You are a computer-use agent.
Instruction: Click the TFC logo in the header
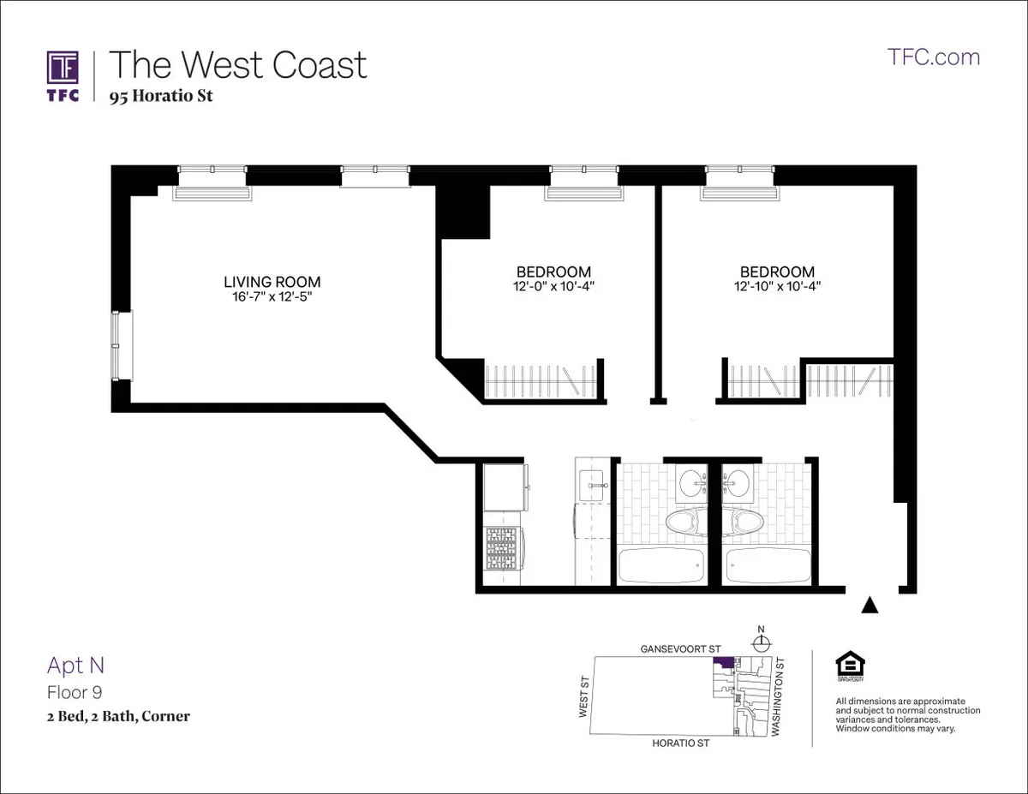[63, 75]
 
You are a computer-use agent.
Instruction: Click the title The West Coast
[237, 65]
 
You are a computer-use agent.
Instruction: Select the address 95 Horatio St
[160, 96]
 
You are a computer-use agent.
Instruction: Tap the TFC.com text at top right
[934, 57]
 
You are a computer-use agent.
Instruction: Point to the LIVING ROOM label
[272, 282]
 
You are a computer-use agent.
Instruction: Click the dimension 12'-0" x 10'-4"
[553, 287]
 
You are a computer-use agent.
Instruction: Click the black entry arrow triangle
[870, 606]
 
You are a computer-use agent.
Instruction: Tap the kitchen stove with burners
[503, 548]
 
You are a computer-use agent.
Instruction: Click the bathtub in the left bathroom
[660, 565]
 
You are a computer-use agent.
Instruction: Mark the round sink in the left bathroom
[690, 485]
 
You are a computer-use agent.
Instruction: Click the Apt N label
[75, 665]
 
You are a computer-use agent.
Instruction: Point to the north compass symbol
[761, 642]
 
